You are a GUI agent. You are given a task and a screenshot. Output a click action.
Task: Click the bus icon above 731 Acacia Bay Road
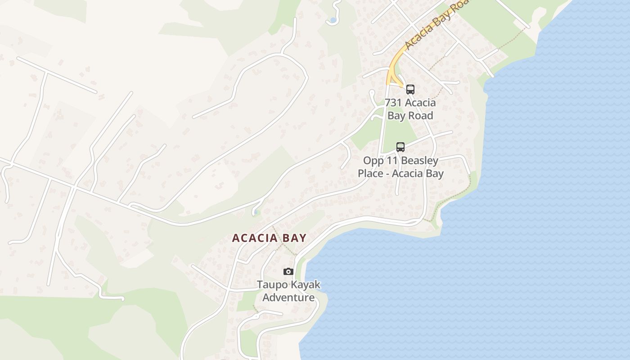[x=410, y=89]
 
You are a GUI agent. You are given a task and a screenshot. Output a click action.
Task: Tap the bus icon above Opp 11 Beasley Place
[x=400, y=147]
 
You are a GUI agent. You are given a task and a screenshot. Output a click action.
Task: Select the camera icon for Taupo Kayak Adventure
[x=288, y=271]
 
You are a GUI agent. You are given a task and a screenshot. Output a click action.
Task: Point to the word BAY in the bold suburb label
[x=294, y=238]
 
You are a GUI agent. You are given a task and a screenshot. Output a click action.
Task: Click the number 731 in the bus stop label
[x=393, y=103]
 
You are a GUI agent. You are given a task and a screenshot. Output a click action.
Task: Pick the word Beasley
[x=419, y=161]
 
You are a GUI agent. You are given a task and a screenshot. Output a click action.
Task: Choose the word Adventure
[x=288, y=297]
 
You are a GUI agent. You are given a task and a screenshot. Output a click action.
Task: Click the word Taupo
[x=271, y=284]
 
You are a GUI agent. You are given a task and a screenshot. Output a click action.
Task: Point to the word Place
[x=371, y=174]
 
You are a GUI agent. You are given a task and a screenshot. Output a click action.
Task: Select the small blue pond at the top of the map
[x=333, y=20]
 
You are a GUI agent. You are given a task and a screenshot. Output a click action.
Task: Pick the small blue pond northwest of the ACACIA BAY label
[x=256, y=211]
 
